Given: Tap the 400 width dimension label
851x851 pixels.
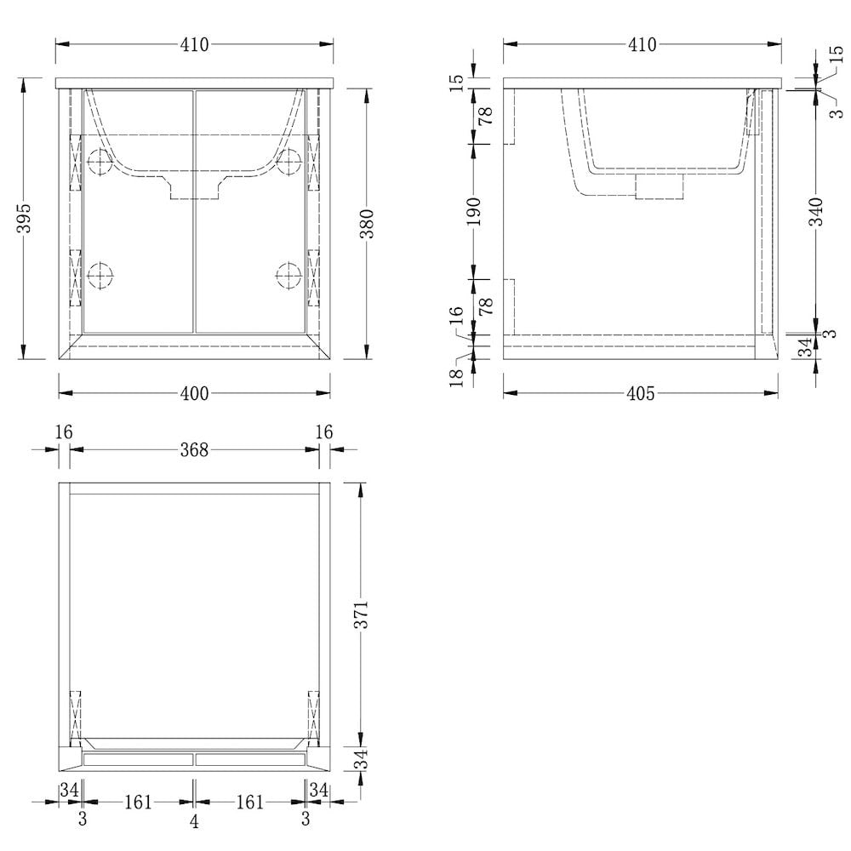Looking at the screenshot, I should click(195, 393).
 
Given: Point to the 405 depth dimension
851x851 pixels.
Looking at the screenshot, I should click(640, 393).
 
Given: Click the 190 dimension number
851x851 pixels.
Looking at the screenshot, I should click(474, 211).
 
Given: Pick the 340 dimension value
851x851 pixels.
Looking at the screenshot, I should click(816, 211).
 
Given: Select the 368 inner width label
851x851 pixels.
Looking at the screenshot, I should click(194, 450).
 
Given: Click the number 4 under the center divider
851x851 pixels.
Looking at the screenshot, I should click(194, 821).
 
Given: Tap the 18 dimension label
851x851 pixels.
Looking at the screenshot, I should click(457, 374).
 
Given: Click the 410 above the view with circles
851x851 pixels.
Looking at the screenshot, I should click(194, 45).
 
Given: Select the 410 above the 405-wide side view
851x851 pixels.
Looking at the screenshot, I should click(642, 45).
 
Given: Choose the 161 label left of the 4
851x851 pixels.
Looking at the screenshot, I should click(138, 802).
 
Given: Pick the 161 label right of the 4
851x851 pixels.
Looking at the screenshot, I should click(249, 802).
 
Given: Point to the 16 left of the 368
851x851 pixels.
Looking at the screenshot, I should click(64, 432).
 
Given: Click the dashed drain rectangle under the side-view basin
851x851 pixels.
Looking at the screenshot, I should click(660, 186).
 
